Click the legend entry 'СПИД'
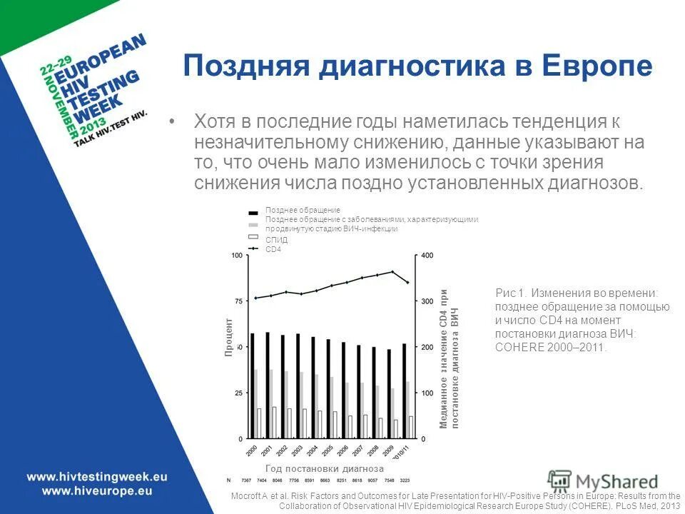277,241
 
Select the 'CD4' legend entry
274,249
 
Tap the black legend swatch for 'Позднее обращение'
253,211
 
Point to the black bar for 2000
253,385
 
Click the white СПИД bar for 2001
274,422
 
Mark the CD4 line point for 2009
392,271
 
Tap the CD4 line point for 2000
255,298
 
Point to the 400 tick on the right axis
427,256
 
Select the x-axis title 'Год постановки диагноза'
325,469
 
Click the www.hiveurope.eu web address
96,490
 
